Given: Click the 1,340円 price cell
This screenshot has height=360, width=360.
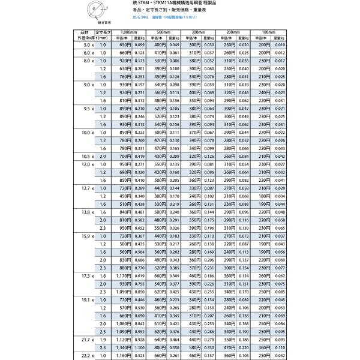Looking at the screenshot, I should (x=123, y=346).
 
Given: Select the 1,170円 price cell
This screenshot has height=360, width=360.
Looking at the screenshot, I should (x=123, y=274).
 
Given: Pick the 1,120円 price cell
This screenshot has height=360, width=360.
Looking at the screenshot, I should (x=123, y=338).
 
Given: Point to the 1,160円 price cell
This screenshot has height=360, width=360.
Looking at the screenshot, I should (x=123, y=355).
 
